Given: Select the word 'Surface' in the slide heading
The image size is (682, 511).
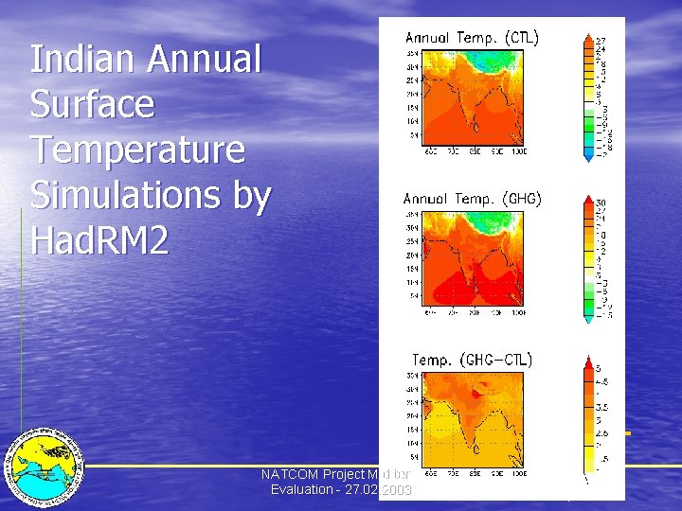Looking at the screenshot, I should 92,104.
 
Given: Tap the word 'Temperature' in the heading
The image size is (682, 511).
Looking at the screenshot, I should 137,150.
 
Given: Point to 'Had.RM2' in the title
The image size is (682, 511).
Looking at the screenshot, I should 99,241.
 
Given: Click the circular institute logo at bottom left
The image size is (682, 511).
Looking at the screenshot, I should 44,465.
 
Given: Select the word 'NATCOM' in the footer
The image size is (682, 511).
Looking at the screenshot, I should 290,474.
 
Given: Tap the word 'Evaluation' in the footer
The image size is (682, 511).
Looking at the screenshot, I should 301,489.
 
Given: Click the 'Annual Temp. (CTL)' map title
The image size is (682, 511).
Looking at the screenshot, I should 472,38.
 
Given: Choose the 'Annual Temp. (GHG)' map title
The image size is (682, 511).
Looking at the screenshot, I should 472,199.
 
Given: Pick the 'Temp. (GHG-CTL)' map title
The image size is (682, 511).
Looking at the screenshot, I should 472,360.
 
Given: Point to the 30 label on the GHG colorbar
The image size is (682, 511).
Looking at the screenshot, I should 601,203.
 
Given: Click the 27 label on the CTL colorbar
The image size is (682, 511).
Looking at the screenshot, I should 601,42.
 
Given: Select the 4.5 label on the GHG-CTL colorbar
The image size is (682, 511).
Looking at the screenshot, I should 602,382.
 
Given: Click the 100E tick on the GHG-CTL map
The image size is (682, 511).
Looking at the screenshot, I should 518,473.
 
